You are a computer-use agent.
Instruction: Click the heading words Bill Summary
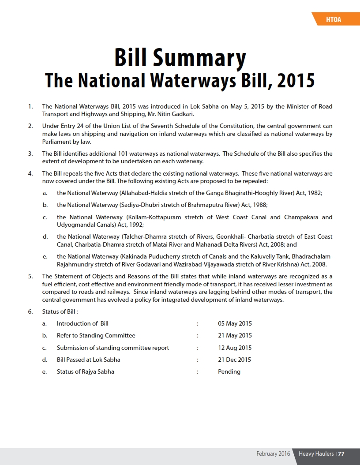tap(180, 58)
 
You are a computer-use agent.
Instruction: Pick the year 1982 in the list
tap(315, 193)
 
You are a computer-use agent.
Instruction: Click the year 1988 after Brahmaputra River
tap(260, 205)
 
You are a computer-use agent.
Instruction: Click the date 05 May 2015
tap(235, 323)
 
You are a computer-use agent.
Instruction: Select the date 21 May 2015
tap(235, 336)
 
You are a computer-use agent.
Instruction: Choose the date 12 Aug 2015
tap(235, 348)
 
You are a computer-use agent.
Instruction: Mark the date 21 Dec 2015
tap(234, 360)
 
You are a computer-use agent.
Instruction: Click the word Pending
tap(229, 371)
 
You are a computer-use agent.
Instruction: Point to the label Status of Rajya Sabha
tap(85, 371)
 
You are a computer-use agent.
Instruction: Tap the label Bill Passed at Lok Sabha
tap(88, 360)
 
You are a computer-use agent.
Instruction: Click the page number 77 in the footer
tap(341, 454)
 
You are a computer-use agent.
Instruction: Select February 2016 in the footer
tap(273, 454)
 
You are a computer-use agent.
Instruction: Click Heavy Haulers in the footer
tap(316, 454)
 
